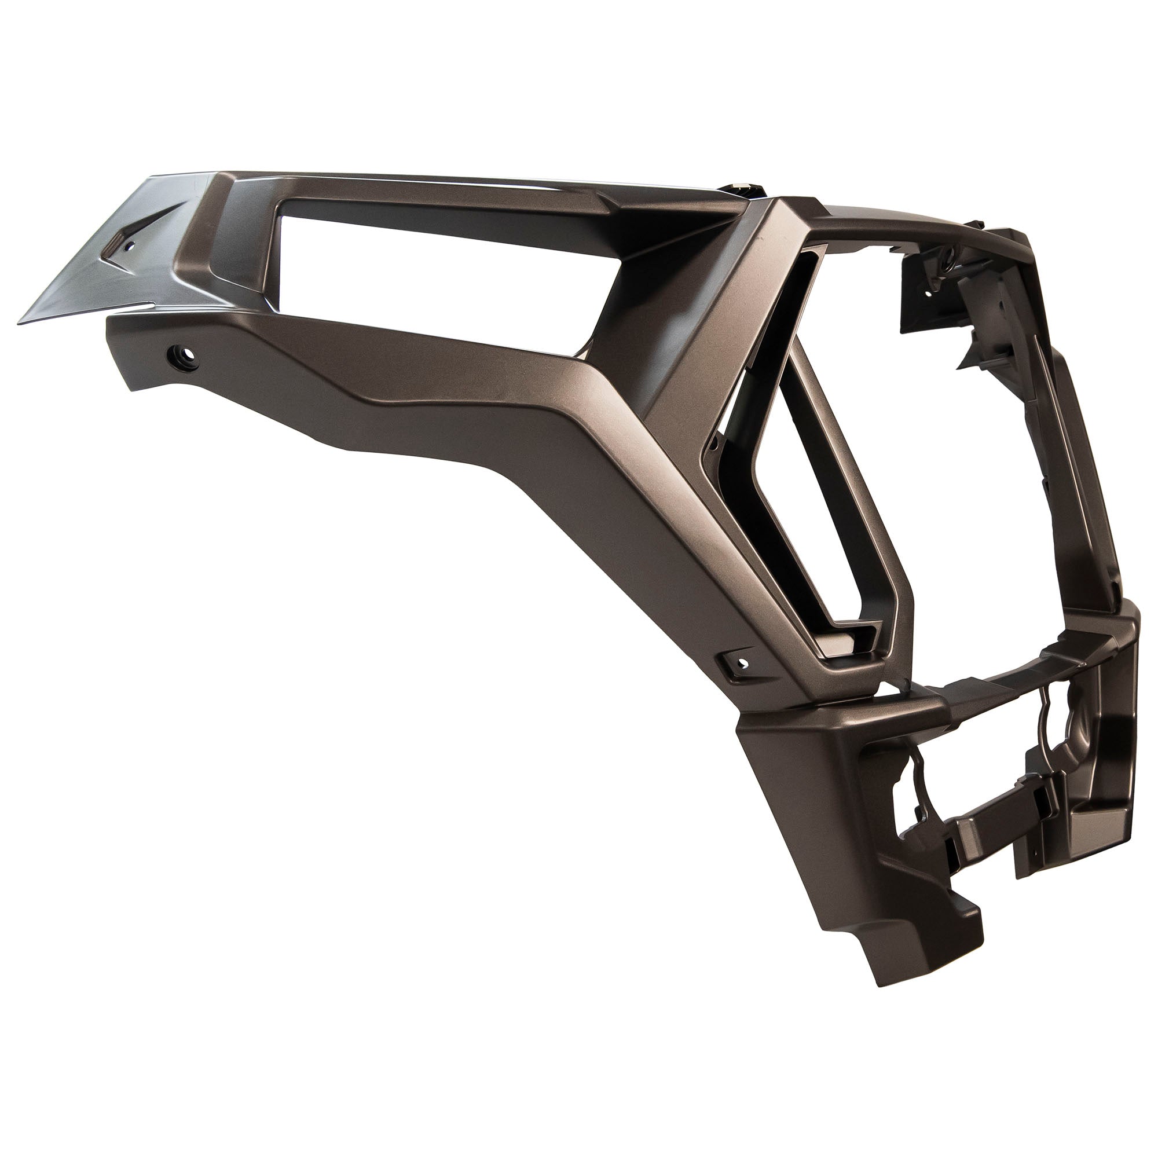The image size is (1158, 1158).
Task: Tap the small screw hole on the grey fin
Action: point(127,245)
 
